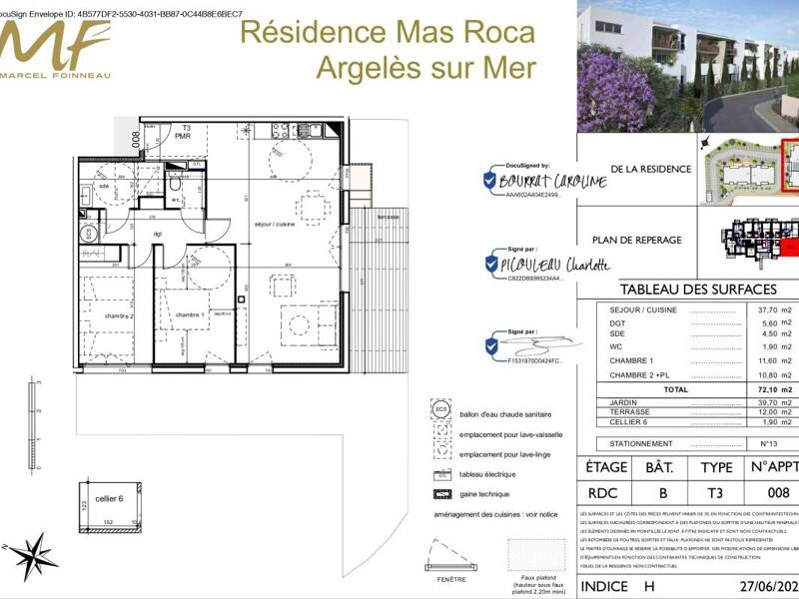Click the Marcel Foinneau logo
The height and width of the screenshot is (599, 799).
[55, 45]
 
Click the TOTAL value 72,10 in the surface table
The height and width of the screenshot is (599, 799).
[765, 389]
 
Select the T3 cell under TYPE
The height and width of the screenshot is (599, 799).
[716, 492]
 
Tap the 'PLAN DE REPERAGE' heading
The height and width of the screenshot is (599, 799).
[636, 241]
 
